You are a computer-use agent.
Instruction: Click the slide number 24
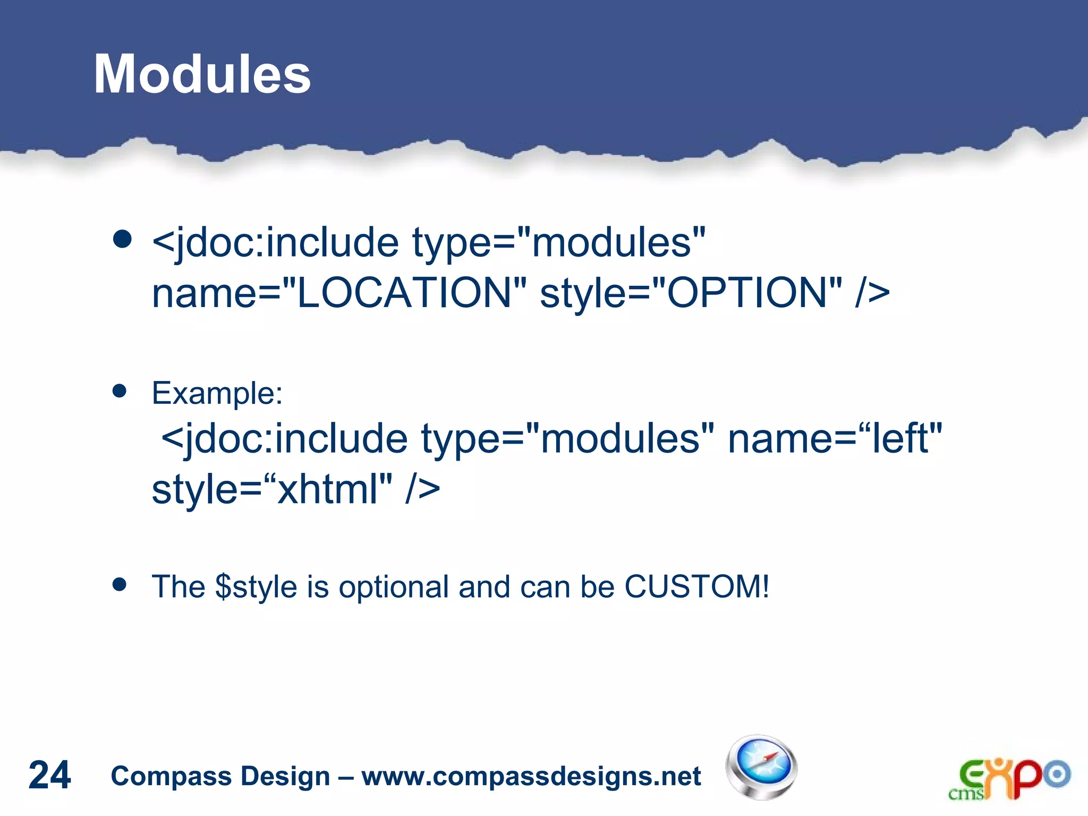tap(49, 775)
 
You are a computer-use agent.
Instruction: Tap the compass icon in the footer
tap(761, 767)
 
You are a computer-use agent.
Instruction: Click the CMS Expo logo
tap(1009, 778)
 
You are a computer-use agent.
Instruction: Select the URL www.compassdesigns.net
tap(531, 776)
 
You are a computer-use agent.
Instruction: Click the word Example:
tap(217, 394)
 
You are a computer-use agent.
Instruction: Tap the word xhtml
tap(328, 489)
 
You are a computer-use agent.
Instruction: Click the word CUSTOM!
tap(696, 587)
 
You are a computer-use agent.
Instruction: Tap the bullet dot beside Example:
tap(120, 392)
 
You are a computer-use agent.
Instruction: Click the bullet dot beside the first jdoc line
tap(122, 239)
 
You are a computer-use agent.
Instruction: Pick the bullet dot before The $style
tap(120, 585)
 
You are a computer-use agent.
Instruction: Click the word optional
tap(394, 587)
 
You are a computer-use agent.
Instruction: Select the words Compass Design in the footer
tap(220, 776)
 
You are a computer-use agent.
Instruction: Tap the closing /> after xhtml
tap(423, 489)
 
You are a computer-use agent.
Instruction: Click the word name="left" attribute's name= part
tap(792, 439)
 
